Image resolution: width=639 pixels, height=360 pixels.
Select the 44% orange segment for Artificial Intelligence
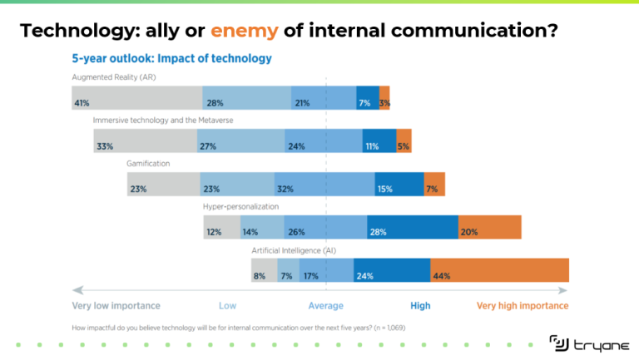click(499, 270)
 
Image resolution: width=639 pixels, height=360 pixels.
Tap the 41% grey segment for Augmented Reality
click(137, 99)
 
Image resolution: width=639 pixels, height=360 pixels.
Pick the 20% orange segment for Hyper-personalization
click(489, 227)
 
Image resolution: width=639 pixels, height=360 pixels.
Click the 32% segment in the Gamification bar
click(324, 185)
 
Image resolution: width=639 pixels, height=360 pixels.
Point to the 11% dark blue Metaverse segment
click(379, 141)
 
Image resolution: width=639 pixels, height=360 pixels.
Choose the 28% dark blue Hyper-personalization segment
click(413, 227)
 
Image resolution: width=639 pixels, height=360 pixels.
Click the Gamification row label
click(148, 163)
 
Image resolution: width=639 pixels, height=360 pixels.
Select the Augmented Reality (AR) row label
click(114, 77)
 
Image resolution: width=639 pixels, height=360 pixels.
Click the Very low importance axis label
click(116, 306)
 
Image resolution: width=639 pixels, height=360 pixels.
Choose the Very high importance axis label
click(523, 306)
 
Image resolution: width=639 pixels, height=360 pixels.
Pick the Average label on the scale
click(326, 306)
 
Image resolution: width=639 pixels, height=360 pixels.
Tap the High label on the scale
click(420, 306)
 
